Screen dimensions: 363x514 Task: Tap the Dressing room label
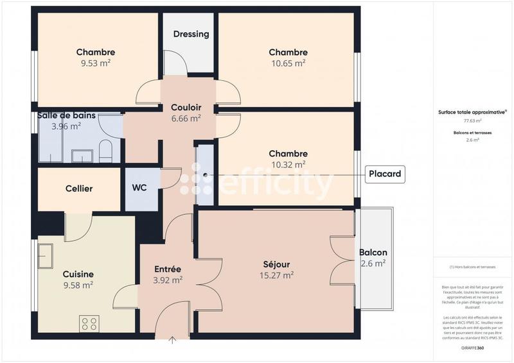[x=191, y=34]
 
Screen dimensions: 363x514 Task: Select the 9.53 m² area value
[x=95, y=63]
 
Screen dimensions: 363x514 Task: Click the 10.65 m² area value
[x=288, y=63]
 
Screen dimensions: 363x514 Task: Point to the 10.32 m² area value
[x=288, y=165]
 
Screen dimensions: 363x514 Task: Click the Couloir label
[x=186, y=108]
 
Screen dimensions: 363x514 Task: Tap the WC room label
[x=139, y=189]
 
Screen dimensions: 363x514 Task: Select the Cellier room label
[x=79, y=189]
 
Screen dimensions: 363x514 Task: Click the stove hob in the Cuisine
[x=89, y=324]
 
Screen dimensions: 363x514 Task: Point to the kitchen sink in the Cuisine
[x=46, y=257]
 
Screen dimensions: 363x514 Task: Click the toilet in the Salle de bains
[x=105, y=152]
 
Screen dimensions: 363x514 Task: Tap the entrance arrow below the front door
[x=172, y=341]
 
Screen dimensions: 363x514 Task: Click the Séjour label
[x=276, y=264]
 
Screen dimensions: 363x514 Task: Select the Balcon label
[x=373, y=253]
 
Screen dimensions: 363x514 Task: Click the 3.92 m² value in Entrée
[x=168, y=280]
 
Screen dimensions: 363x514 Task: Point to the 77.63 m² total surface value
[x=472, y=121]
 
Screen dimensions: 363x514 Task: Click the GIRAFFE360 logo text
[x=472, y=348]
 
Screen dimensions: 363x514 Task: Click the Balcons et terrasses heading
[x=472, y=132]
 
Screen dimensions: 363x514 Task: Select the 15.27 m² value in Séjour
[x=276, y=275]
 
